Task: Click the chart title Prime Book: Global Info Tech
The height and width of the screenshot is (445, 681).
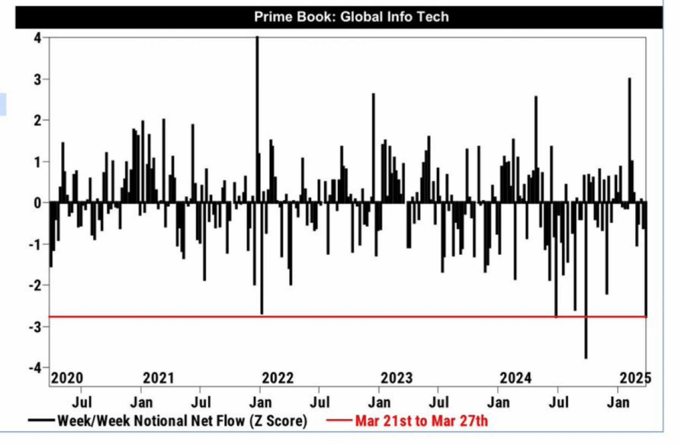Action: click(351, 17)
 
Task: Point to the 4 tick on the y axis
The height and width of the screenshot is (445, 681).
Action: click(37, 38)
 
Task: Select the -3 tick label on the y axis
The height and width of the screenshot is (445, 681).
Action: click(37, 327)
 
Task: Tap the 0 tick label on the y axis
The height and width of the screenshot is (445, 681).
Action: click(37, 203)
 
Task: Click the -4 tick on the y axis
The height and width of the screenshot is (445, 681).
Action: click(37, 368)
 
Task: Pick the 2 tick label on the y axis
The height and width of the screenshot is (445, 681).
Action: click(37, 120)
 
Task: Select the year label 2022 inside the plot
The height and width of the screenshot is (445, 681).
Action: click(278, 378)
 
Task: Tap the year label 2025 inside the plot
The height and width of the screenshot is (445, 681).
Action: click(634, 378)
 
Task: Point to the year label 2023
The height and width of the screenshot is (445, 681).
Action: click(396, 378)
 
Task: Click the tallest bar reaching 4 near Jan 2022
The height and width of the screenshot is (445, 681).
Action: click(257, 100)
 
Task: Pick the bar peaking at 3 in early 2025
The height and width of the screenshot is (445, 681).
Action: click(629, 133)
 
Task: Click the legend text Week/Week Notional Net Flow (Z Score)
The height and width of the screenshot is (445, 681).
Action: click(182, 420)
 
